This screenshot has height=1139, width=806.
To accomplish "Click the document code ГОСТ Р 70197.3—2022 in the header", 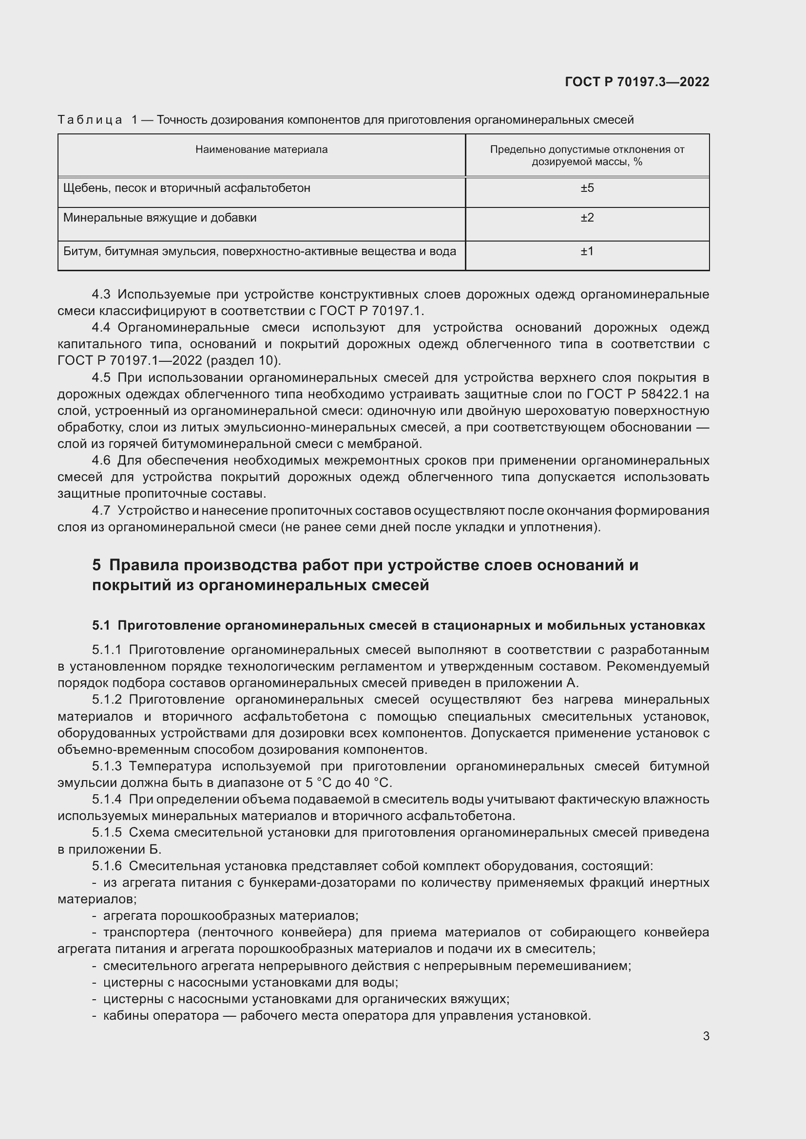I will pos(637,82).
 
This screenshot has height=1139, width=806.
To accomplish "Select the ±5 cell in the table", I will pos(587,188).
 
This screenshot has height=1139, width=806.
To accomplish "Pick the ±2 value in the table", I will pos(587,218).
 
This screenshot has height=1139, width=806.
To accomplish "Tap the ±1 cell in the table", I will pos(587,251).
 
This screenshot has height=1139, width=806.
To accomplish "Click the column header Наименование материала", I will pos(262,149).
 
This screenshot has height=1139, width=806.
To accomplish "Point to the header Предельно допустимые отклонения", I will pos(587,149).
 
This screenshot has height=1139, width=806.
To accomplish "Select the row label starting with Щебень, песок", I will pos(187,188).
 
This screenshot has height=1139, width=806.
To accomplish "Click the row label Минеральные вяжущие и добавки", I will pos(160,218).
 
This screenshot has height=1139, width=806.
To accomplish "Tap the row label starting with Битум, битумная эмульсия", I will pos(260,251).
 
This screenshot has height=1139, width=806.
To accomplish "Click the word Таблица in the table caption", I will pos(90,120).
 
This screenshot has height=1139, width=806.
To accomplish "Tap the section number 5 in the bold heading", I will pos(96,565).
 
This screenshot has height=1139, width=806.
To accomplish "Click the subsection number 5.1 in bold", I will pos(101,626).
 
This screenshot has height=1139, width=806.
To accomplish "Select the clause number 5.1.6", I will pos(107,866).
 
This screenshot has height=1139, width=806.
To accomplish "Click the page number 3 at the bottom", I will pos(706,1036).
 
